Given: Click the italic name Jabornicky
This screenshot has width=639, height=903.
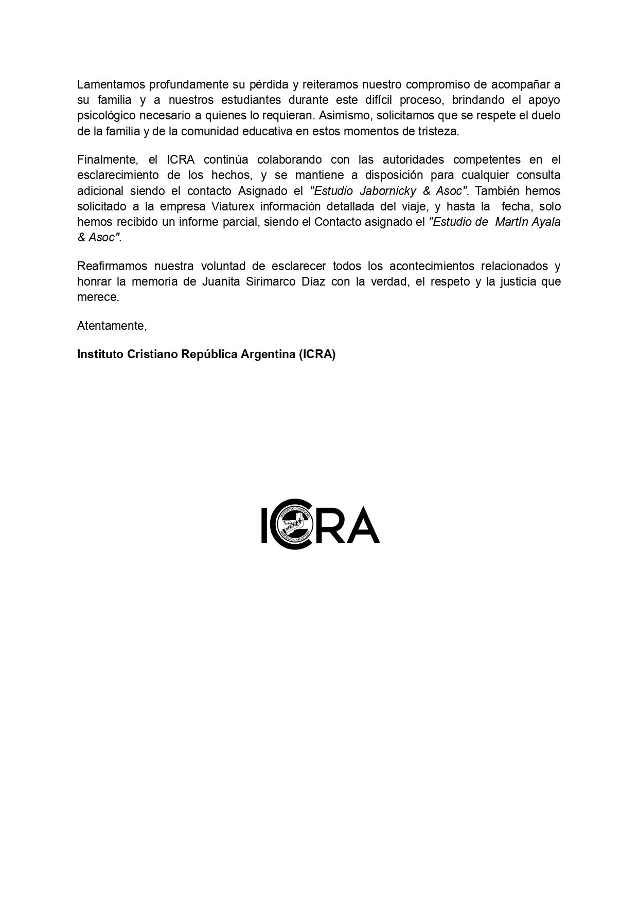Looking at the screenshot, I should coord(387,191).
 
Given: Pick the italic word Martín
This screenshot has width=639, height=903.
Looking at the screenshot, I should coord(511,222).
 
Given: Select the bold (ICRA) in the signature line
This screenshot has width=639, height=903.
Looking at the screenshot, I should coord(317,355).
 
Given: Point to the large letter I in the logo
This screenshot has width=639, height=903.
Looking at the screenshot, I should coord(264,525).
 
